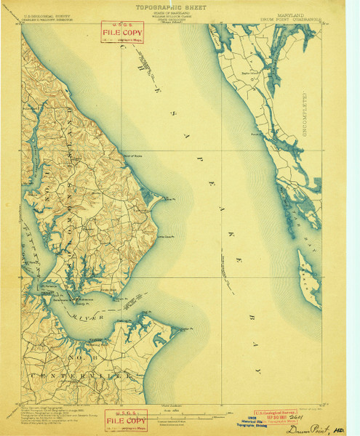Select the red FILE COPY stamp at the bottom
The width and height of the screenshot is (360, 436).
tap(124, 419)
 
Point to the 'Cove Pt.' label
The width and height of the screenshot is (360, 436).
tap(169, 198)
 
